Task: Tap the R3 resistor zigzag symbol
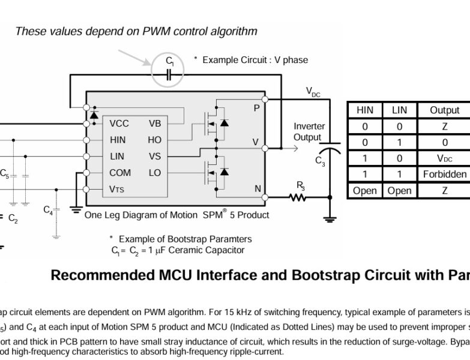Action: pyautogui.click(x=298, y=197)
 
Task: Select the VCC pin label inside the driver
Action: pyautogui.click(x=119, y=124)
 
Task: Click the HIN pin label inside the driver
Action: pyautogui.click(x=118, y=140)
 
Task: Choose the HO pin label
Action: pyautogui.click(x=154, y=140)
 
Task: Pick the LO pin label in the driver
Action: pyautogui.click(x=154, y=173)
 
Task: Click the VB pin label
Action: pyautogui.click(x=154, y=124)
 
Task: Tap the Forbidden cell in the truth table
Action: pyautogui.click(x=445, y=175)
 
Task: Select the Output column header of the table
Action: pyautogui.click(x=445, y=110)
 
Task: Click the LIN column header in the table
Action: pyautogui.click(x=399, y=110)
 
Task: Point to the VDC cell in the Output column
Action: pyautogui.click(x=445, y=158)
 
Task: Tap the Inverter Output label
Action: pyautogui.click(x=309, y=132)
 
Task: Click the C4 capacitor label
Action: pyautogui.click(x=49, y=210)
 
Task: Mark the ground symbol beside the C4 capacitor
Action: pyautogui.click(x=75, y=209)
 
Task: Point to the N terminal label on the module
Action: pyautogui.click(x=258, y=189)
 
